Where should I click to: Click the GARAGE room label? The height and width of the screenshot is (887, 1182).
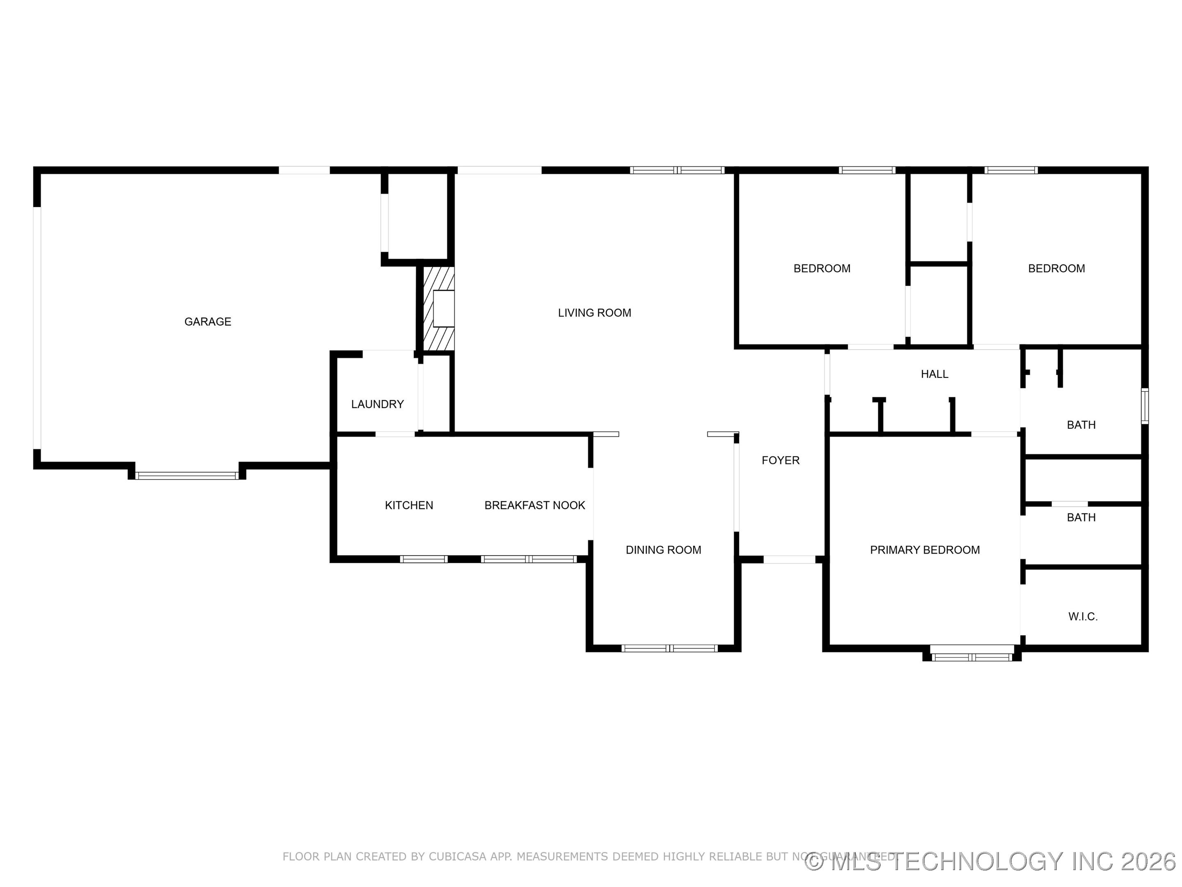(x=207, y=321)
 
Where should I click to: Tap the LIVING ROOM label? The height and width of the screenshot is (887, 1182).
(x=594, y=313)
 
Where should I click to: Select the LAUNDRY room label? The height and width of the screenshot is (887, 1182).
(x=377, y=404)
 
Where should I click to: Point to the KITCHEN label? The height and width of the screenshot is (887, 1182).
(x=409, y=505)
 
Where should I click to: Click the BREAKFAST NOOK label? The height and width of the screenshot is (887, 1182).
(x=534, y=505)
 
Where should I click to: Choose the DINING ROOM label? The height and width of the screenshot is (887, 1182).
(x=663, y=549)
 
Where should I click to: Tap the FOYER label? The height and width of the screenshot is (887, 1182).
(x=780, y=460)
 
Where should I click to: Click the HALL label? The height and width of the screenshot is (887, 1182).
(x=934, y=374)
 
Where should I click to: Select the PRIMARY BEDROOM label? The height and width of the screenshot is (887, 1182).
(x=924, y=549)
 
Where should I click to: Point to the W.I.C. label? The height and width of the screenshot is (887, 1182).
(x=1083, y=616)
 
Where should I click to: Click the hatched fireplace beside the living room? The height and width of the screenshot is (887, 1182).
(x=439, y=309)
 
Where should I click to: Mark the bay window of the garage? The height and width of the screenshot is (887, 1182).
(x=186, y=475)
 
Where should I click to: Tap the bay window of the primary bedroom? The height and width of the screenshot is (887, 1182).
(x=971, y=657)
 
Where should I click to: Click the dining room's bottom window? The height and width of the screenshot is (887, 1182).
(x=669, y=648)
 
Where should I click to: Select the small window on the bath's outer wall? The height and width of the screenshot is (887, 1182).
(x=1145, y=407)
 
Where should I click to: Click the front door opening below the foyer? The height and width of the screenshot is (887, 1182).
(x=789, y=560)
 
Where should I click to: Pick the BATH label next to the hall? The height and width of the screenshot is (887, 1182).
(x=1081, y=425)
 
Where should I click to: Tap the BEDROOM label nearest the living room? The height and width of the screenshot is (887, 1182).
(x=821, y=269)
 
